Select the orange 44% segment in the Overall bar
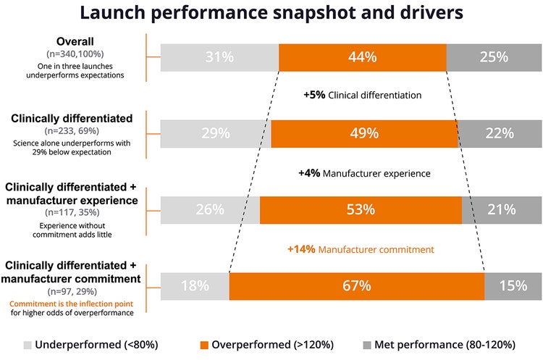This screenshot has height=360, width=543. click(x=362, y=57)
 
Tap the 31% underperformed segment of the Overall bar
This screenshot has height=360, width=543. click(x=219, y=57)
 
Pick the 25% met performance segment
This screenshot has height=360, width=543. click(x=492, y=57)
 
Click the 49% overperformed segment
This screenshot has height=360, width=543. click(x=364, y=133)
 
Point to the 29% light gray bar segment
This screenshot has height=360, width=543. click(x=216, y=133)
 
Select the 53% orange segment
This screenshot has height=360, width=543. click(x=361, y=209)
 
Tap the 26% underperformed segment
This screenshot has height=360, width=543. click(x=210, y=209)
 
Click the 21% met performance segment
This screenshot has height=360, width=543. click(x=501, y=209)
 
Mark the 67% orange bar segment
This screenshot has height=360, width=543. click(x=356, y=285)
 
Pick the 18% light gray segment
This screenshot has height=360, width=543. click(x=195, y=285)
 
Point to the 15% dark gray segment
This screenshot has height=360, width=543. click(x=512, y=285)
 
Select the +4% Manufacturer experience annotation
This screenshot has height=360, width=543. click(x=364, y=173)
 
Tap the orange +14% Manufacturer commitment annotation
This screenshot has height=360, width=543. click(x=361, y=248)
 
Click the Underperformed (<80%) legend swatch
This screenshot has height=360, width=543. click(x=28, y=344)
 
